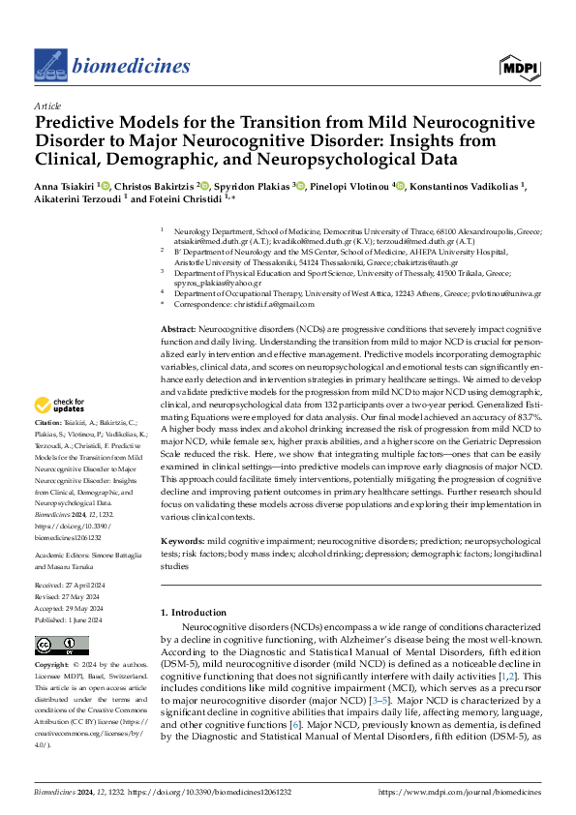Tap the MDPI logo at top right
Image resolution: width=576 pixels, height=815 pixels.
pos(519,65)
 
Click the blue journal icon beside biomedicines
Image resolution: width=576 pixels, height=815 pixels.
pos(49,64)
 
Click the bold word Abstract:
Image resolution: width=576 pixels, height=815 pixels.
pos(179,331)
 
